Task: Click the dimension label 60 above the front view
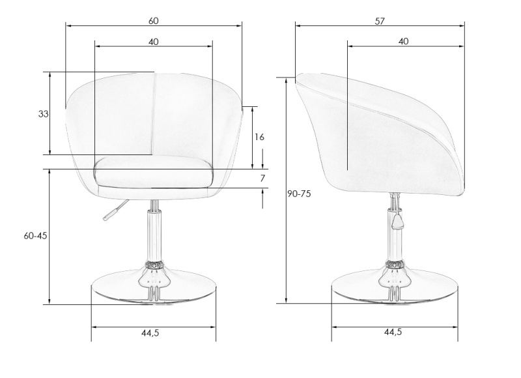[x=153, y=21]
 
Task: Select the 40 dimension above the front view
[x=153, y=42]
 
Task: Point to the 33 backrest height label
[x=43, y=114]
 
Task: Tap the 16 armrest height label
[x=259, y=137]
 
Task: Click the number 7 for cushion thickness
[x=262, y=179]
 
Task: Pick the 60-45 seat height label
[x=36, y=236]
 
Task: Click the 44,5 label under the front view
[x=150, y=333]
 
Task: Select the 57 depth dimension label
[x=380, y=21]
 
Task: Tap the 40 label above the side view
[x=403, y=42]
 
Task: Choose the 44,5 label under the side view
[x=393, y=332]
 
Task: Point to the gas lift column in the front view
[x=154, y=235]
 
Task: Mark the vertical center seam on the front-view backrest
[x=154, y=114]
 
